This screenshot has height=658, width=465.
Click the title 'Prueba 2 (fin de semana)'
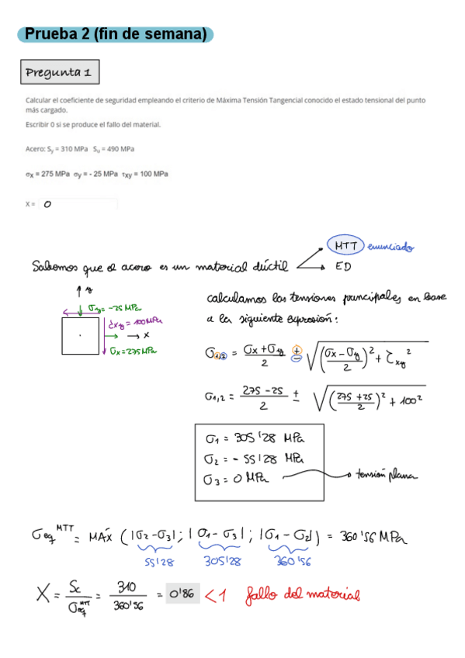(116, 34)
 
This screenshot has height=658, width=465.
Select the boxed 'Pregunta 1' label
(60, 73)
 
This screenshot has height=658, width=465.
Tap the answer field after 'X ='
(78, 204)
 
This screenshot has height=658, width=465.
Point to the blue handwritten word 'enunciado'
(390, 248)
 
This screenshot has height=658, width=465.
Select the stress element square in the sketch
(82, 335)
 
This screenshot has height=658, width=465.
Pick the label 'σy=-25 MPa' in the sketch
(113, 308)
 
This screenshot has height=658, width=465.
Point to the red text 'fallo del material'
(303, 595)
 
